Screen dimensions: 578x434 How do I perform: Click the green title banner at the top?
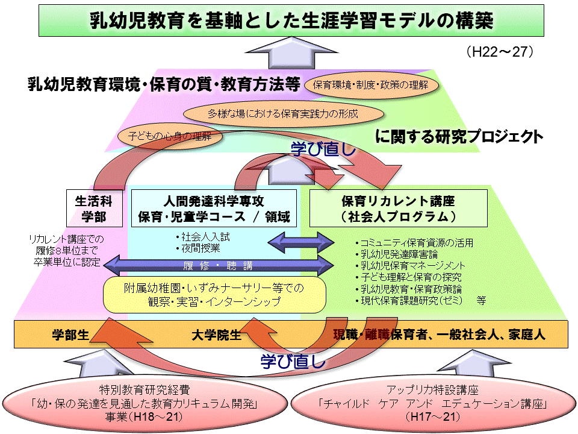coord(291,20)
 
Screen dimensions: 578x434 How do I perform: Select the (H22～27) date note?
coord(500,52)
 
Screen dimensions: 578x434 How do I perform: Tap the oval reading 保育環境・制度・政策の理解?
coord(371,85)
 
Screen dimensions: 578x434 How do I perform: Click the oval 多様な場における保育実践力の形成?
coord(283,114)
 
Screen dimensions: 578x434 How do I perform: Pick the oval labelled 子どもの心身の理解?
coord(170,136)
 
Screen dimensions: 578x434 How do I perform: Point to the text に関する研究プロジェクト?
coord(459,136)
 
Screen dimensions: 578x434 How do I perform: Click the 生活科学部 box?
coord(95,208)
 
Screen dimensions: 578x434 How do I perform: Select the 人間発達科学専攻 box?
coord(214,208)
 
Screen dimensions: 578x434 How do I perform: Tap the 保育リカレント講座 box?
coord(398,208)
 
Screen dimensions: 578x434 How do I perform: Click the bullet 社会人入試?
coord(203,237)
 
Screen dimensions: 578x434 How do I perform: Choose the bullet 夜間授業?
coord(198,248)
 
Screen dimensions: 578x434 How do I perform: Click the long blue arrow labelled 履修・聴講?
coord(218,265)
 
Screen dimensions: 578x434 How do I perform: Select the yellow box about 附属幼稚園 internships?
coord(214,295)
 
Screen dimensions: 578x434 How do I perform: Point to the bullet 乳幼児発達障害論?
coord(397,254)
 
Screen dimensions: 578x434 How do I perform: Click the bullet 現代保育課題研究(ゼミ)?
coord(409,301)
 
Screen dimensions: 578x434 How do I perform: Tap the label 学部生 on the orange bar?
coord(70,335)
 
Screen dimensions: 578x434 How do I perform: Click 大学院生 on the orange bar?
coord(216,335)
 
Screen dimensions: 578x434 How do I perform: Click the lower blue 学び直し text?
coord(293,361)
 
